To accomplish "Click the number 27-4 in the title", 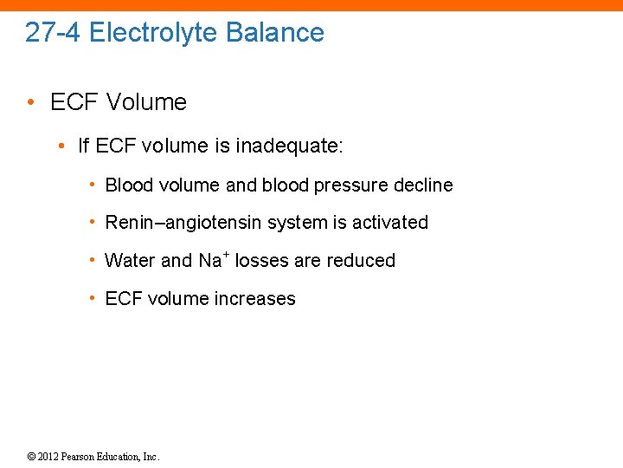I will point(54,33).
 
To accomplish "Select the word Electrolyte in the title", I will point(153,33).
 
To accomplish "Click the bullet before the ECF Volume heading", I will point(31,102).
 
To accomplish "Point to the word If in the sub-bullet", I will point(83,146).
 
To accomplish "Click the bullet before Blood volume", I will point(93,185).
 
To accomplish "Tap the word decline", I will point(421,185).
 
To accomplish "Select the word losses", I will point(261,261).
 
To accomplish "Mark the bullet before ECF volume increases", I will point(93,299).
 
